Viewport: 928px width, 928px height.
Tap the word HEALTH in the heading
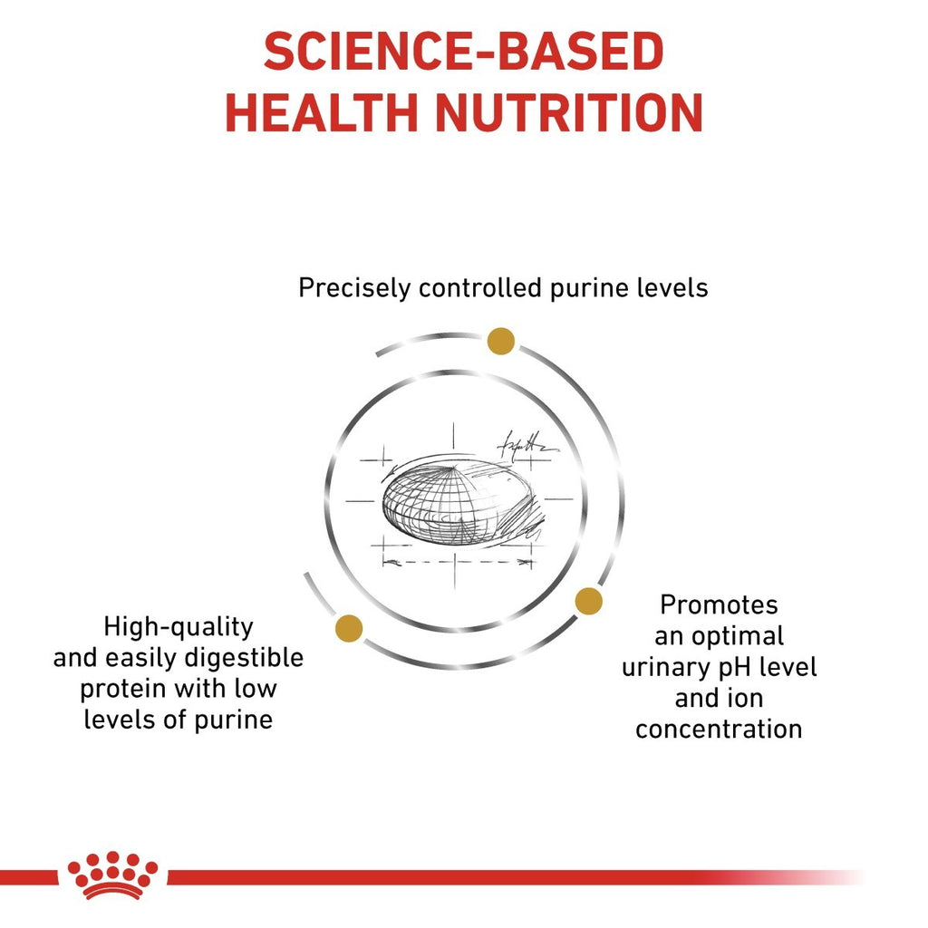coord(322,114)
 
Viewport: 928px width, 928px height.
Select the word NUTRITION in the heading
coord(569,114)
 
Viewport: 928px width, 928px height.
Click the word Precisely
coord(355,289)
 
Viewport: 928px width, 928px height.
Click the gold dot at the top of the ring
coord(500,341)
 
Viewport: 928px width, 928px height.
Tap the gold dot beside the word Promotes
coord(588,600)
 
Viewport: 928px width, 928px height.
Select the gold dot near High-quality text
coord(349,628)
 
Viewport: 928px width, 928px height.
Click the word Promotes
coord(719,604)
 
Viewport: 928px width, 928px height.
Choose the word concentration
coord(719,729)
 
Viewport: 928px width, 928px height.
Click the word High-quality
coord(179,626)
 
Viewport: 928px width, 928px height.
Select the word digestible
coord(241,658)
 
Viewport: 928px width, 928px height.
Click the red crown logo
coord(112,875)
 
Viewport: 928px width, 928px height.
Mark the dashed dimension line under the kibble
coord(457,563)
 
